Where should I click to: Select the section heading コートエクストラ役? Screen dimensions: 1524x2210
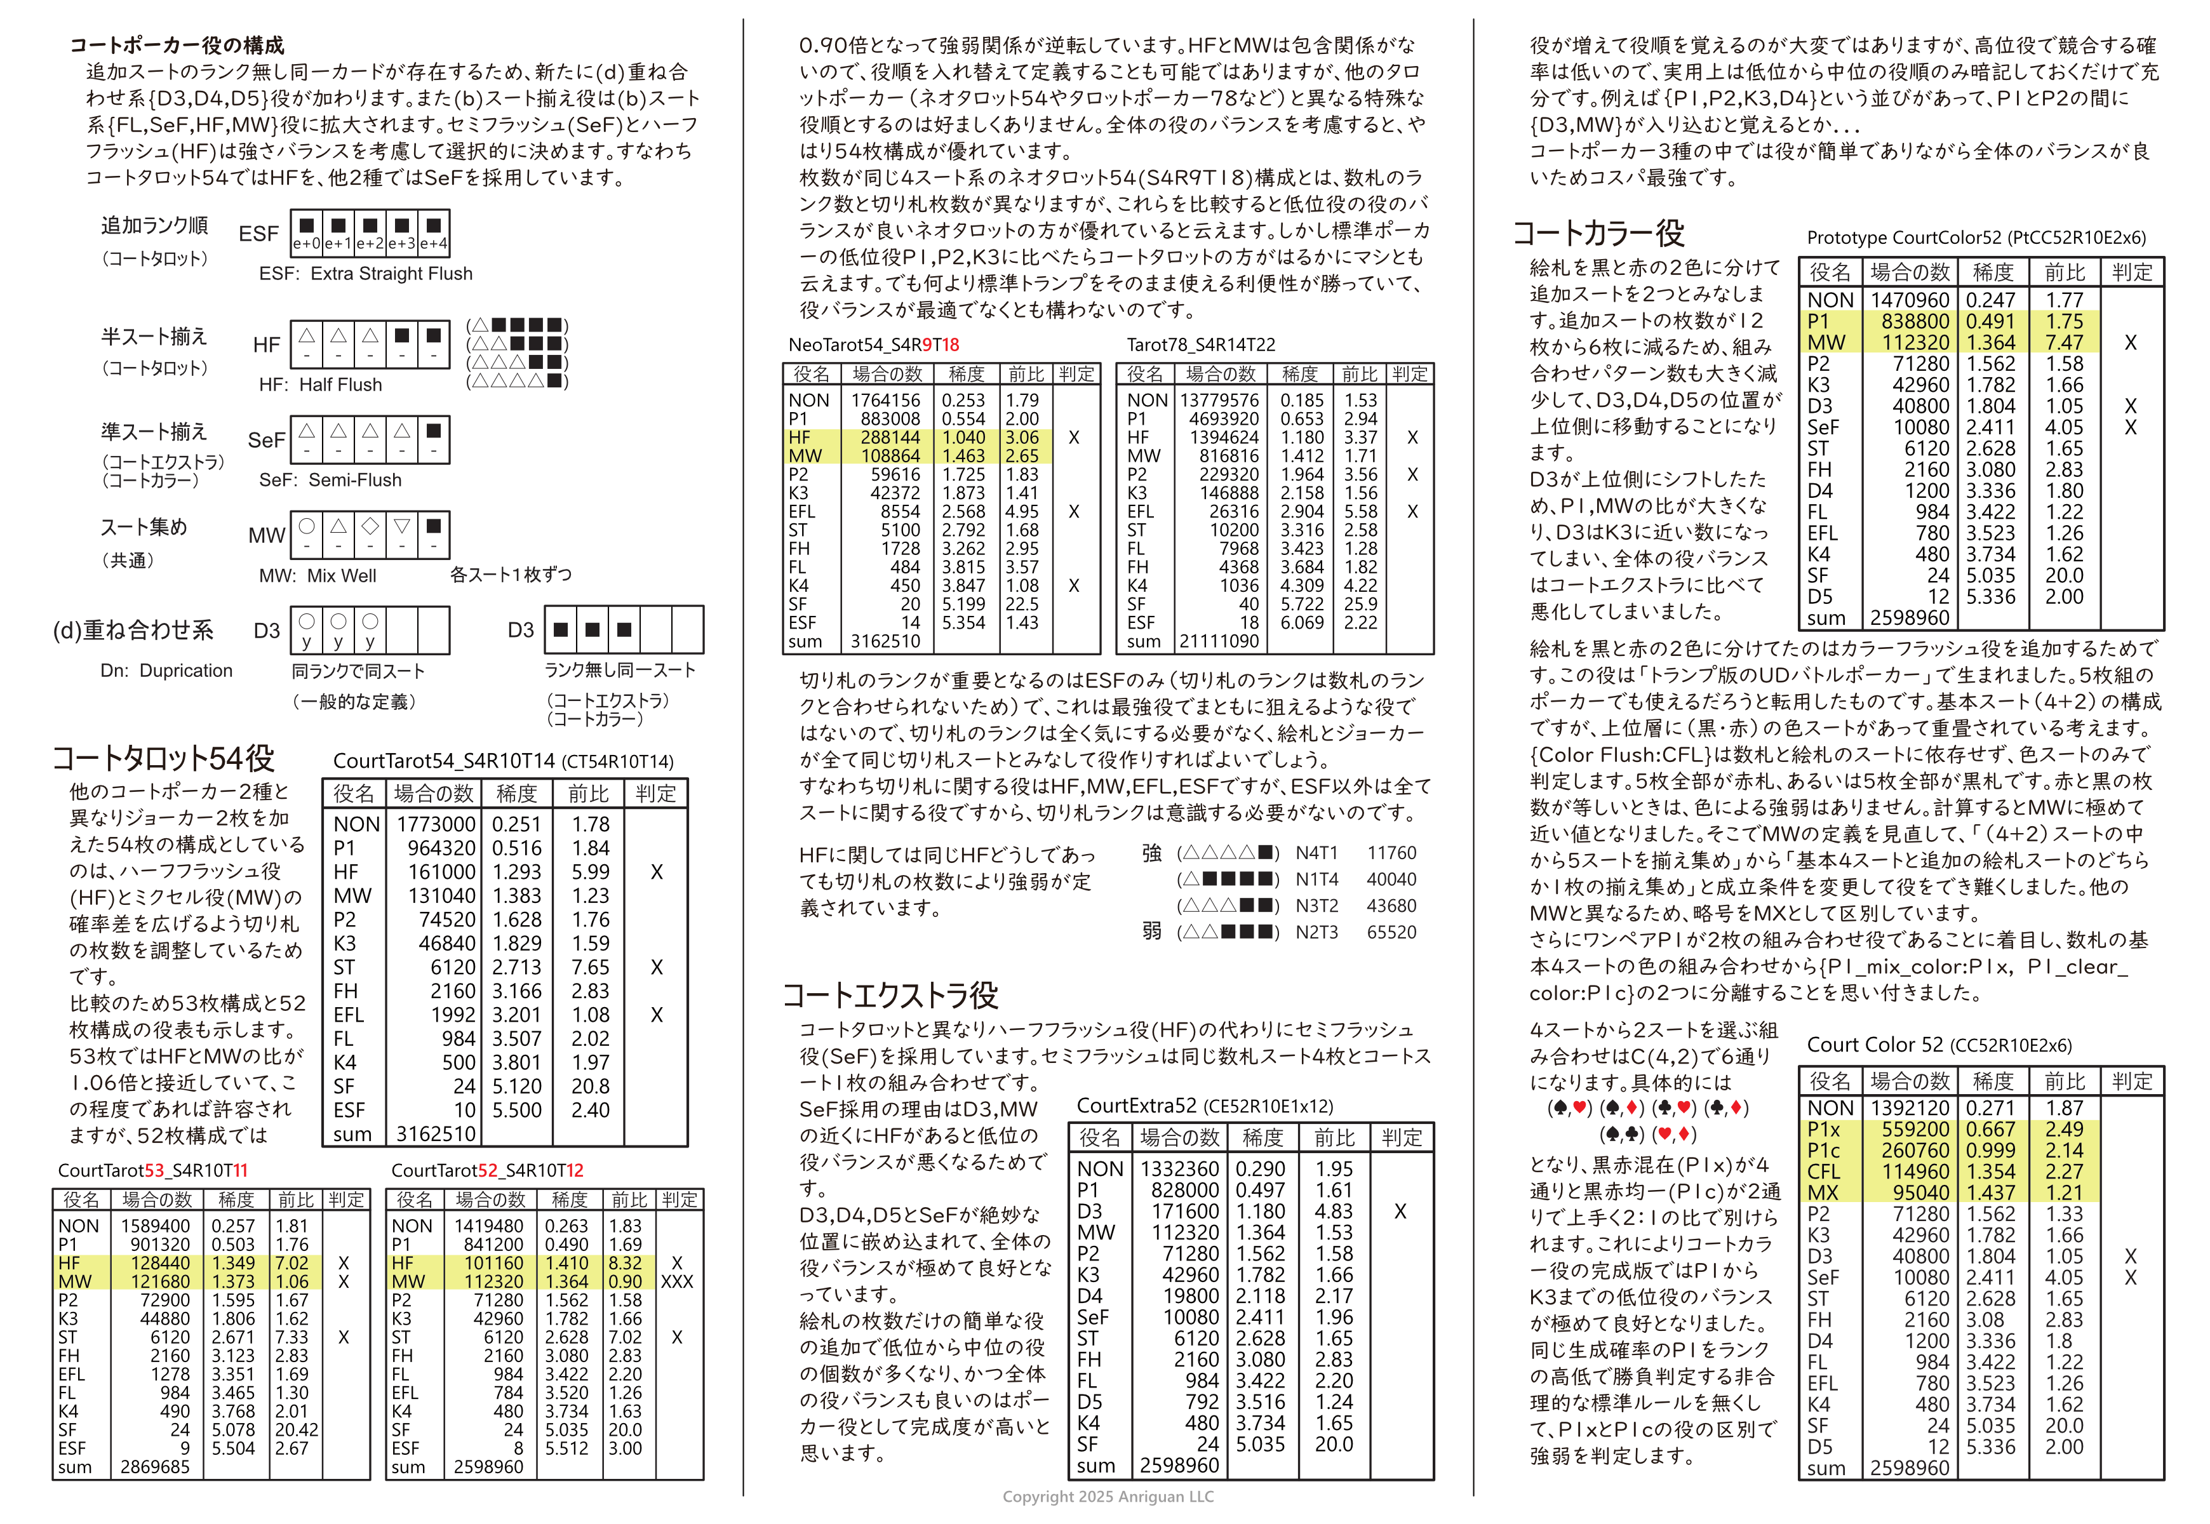coord(890,996)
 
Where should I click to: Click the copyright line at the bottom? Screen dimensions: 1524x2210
coord(1108,1496)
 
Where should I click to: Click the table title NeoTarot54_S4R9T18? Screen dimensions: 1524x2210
coord(873,345)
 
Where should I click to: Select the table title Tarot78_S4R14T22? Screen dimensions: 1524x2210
coord(1200,345)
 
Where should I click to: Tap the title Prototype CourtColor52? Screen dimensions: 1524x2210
coord(1975,237)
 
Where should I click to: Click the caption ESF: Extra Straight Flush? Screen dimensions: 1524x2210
coord(366,274)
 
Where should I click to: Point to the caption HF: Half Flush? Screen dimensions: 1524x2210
coord(320,385)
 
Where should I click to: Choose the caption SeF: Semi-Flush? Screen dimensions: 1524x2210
coord(330,480)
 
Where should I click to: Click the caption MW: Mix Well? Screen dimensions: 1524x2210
coord(317,576)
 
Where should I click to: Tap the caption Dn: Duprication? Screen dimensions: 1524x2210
coord(166,671)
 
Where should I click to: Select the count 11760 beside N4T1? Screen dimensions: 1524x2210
coord(1391,853)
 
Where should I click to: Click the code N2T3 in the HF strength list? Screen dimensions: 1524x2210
coord(1316,932)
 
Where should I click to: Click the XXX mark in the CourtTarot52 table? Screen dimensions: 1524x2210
coord(676,1281)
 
